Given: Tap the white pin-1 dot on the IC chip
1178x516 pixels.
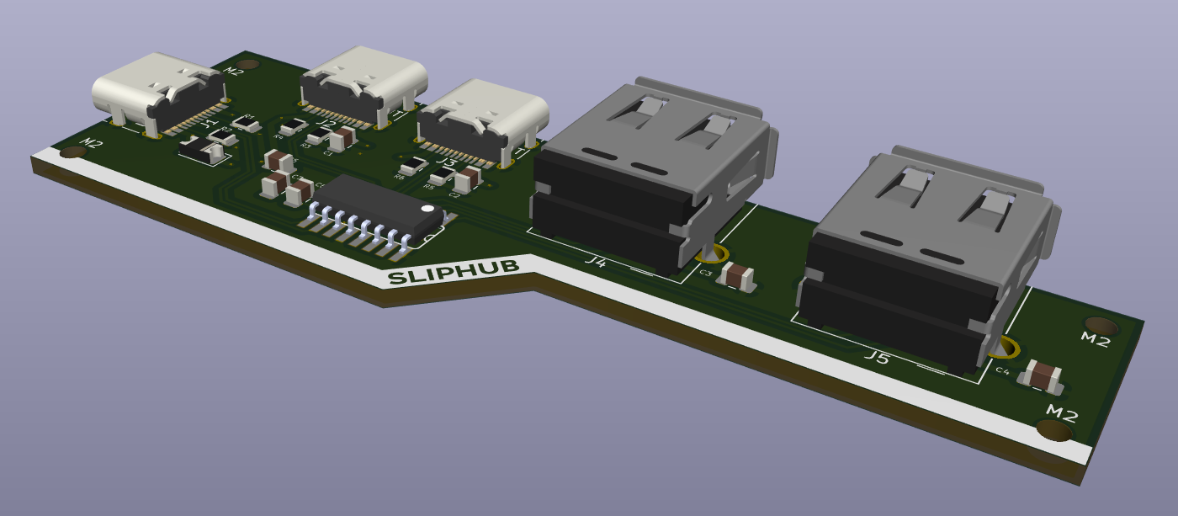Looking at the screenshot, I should click(427, 207).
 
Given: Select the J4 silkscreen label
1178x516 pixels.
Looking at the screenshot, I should click(596, 262).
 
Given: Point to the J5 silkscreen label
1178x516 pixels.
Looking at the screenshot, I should click(877, 358).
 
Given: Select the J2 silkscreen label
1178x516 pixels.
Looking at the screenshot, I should click(328, 126).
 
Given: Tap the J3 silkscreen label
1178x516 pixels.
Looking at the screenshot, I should click(447, 162).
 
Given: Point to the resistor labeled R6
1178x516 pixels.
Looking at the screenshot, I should click(413, 166).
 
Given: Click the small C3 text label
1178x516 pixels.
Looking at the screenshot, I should click(706, 274).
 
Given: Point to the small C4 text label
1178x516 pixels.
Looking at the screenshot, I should click(1002, 370).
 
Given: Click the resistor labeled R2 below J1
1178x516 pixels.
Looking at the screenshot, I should click(223, 136).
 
